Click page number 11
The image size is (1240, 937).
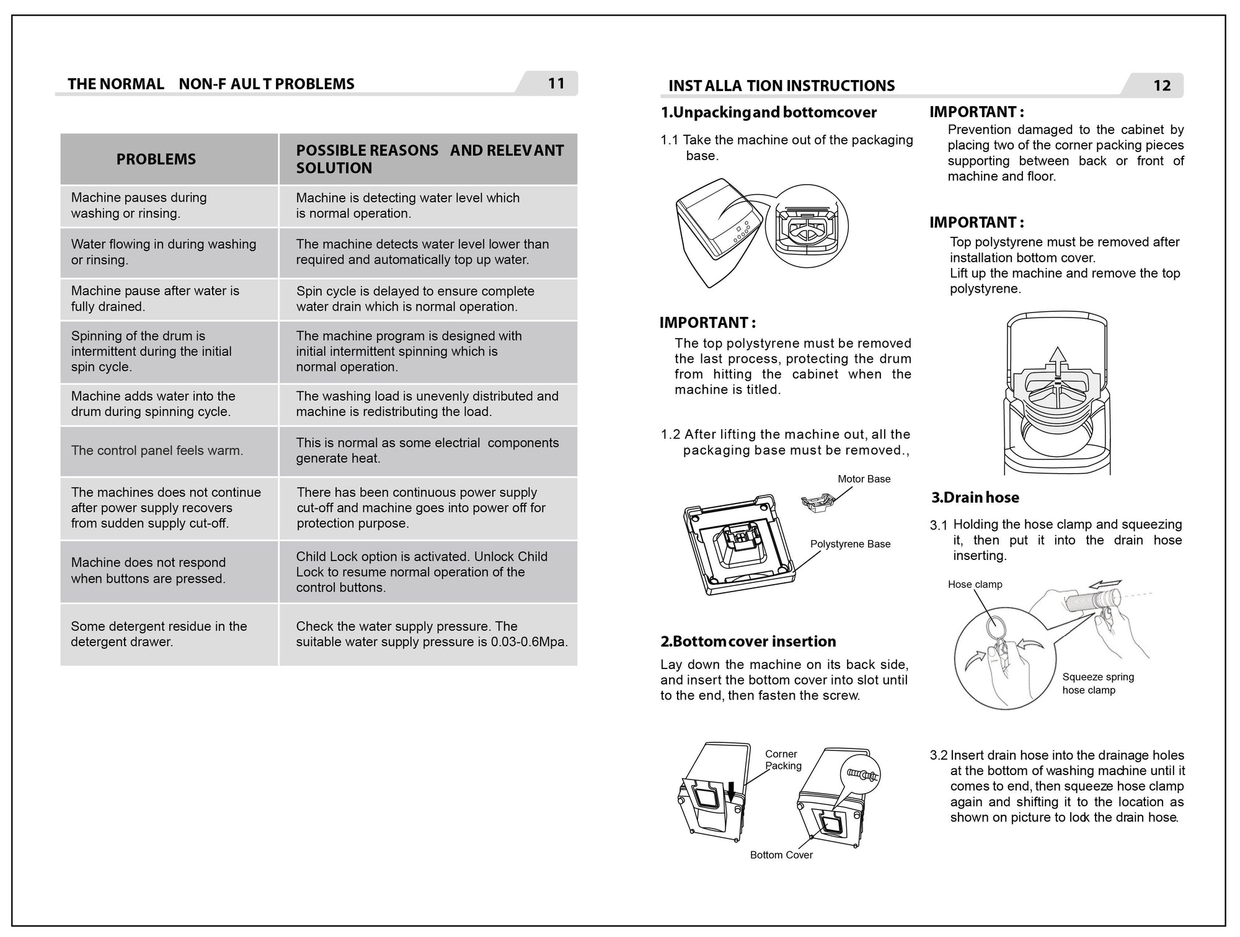pos(556,83)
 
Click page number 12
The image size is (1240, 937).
pos(1161,86)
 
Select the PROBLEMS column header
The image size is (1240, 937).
pos(156,159)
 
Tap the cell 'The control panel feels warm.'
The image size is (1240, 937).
pos(157,451)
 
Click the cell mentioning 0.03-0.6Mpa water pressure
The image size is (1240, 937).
pos(432,634)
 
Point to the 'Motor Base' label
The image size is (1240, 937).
pos(864,479)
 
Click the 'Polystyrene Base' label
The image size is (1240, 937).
pos(850,544)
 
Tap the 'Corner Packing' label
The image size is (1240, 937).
pos(782,760)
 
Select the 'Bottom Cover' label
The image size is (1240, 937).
pos(781,855)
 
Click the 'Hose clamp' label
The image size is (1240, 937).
pos(975,584)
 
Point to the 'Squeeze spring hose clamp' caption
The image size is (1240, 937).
pos(1097,683)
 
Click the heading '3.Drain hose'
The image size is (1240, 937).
pos(975,497)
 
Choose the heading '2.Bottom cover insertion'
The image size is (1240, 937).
pos(748,641)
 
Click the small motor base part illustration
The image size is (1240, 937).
pos(817,500)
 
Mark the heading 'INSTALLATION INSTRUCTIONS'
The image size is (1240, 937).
pos(781,86)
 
